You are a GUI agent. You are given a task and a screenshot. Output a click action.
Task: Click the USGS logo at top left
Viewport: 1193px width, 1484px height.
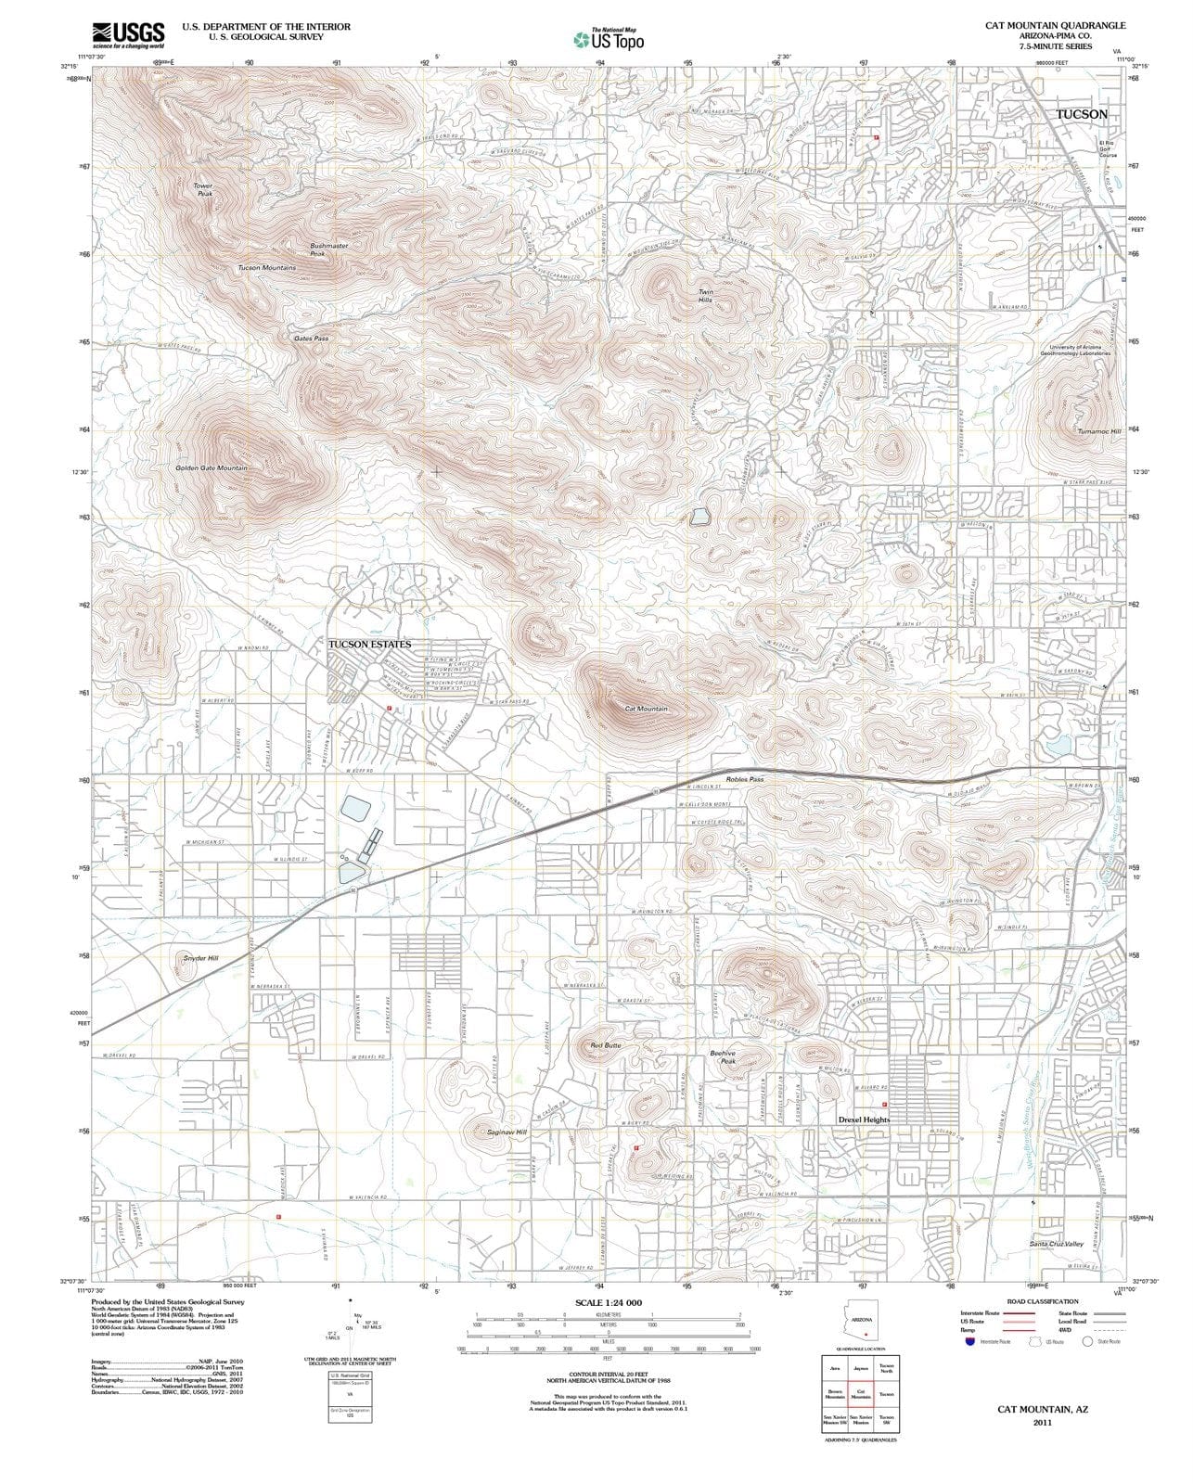[128, 34]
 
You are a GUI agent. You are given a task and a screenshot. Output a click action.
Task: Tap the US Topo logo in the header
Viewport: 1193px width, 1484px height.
[609, 39]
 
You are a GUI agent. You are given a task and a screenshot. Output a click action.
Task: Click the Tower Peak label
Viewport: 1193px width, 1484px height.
[204, 189]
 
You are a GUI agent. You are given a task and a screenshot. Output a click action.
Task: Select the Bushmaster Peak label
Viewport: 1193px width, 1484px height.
[328, 249]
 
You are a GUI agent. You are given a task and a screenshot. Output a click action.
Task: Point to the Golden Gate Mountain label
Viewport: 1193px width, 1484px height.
[212, 468]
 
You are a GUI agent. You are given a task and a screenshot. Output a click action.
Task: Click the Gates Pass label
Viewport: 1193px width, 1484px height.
[311, 339]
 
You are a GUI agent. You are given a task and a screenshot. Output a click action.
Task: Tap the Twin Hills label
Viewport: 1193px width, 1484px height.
[706, 296]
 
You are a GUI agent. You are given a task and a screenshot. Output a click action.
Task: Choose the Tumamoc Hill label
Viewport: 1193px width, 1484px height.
[1099, 431]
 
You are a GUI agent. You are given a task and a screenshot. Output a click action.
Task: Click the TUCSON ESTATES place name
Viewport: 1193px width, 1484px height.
[369, 644]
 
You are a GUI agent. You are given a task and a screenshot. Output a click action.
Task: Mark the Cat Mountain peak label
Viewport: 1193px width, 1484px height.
[646, 709]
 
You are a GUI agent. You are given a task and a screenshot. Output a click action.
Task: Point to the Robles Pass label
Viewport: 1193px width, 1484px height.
[744, 780]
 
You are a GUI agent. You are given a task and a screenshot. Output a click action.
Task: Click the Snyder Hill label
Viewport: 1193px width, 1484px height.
[201, 958]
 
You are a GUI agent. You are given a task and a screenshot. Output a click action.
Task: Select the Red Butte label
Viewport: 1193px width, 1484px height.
[606, 1045]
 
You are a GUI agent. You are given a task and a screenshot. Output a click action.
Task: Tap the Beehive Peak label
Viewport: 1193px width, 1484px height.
[723, 1056]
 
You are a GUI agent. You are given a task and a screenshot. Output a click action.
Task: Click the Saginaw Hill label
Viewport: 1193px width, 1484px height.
[507, 1132]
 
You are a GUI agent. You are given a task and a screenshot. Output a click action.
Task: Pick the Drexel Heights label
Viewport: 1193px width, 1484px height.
[864, 1119]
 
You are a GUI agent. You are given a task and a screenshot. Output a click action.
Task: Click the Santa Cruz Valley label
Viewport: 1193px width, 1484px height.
[1057, 1243]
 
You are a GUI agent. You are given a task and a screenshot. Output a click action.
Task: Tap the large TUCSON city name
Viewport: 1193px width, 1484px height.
[1082, 114]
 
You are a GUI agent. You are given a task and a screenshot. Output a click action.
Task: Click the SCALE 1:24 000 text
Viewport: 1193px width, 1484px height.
[609, 1302]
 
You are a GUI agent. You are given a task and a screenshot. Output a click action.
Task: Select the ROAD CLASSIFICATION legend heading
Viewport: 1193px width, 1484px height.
[1043, 1301]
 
